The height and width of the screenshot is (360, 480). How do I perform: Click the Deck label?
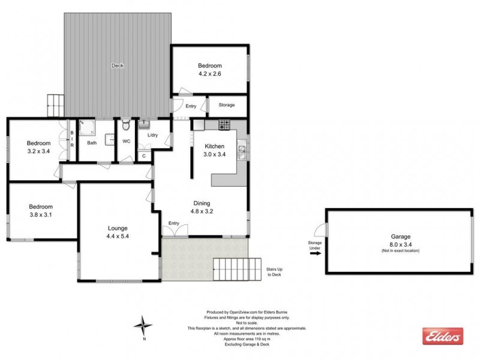pyautogui.click(x=118, y=65)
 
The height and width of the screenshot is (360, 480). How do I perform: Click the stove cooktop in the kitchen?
pyautogui.click(x=225, y=125)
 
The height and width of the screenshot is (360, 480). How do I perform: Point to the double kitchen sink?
pyautogui.click(x=241, y=151)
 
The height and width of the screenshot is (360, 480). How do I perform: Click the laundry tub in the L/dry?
pyautogui.click(x=145, y=125)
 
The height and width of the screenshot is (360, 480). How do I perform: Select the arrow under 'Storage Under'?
pyautogui.click(x=315, y=253)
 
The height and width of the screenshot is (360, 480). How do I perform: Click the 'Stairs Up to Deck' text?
pyautogui.click(x=275, y=273)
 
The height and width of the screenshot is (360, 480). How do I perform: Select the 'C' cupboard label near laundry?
pyautogui.click(x=143, y=156)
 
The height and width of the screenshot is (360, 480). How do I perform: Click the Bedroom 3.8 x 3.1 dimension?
pyautogui.click(x=41, y=215)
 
